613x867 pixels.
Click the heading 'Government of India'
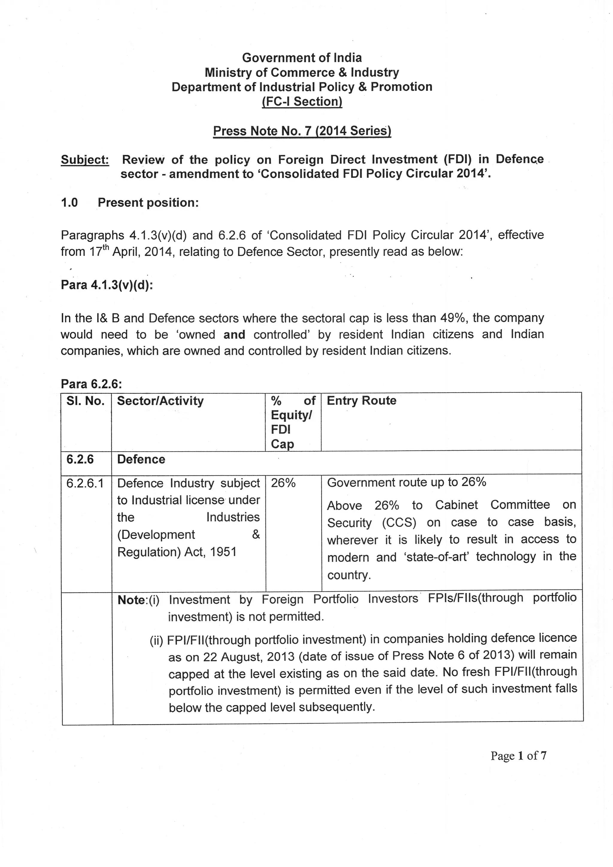coord(302,58)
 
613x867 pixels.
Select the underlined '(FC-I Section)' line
coord(302,102)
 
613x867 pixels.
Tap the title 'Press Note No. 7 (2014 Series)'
coord(302,131)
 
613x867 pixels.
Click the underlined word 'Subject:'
coord(85,160)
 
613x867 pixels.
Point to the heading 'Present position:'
coord(148,203)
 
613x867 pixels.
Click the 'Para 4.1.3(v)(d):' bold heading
coord(107,285)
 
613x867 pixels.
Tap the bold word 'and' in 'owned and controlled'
coord(234,335)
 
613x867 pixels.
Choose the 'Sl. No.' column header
coord(85,401)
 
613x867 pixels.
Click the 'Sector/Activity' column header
coord(160,401)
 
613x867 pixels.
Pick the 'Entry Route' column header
coord(361,401)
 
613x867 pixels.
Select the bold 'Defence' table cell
coord(141,460)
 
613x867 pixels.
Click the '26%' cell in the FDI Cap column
coord(283,483)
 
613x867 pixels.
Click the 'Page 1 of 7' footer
coord(518,756)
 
